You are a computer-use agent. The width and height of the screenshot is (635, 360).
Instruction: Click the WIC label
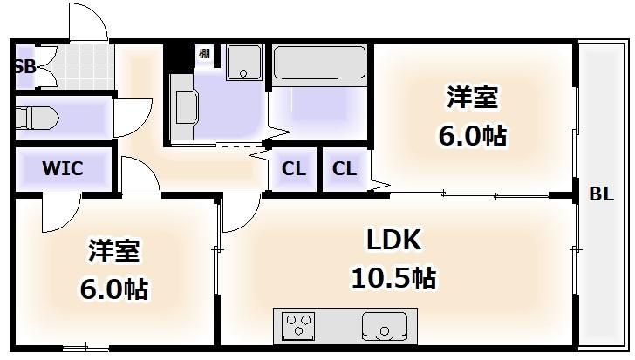coord(63,168)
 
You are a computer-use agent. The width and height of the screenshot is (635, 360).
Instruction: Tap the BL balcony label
coord(601,194)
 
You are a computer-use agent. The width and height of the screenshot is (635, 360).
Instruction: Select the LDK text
coord(393,240)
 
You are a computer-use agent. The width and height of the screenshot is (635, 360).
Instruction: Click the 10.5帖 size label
coord(393,278)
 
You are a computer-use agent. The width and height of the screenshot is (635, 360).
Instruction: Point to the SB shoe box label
coord(25,67)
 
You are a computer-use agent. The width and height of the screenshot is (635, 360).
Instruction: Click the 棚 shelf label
coord(204,53)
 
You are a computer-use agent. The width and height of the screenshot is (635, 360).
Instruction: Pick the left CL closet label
coord(294,169)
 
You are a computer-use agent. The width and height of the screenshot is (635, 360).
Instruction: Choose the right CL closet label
coord(345,169)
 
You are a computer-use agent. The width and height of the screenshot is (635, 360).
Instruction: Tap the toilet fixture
coord(37,119)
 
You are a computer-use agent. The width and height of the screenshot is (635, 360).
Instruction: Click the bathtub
coord(319,63)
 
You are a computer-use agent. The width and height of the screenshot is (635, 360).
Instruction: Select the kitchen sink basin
coord(385,326)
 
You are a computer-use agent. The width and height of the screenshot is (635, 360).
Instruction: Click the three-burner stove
coord(298,326)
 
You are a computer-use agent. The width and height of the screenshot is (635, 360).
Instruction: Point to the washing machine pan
coord(244,62)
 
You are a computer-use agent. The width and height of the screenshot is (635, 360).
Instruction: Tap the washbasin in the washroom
coord(187,107)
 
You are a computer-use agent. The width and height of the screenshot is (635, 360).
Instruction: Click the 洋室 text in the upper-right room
coord(472,97)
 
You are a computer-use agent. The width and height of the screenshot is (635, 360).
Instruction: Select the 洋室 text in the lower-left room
coord(114,251)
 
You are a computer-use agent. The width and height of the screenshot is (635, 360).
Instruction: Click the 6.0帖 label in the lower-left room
coord(114,289)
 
